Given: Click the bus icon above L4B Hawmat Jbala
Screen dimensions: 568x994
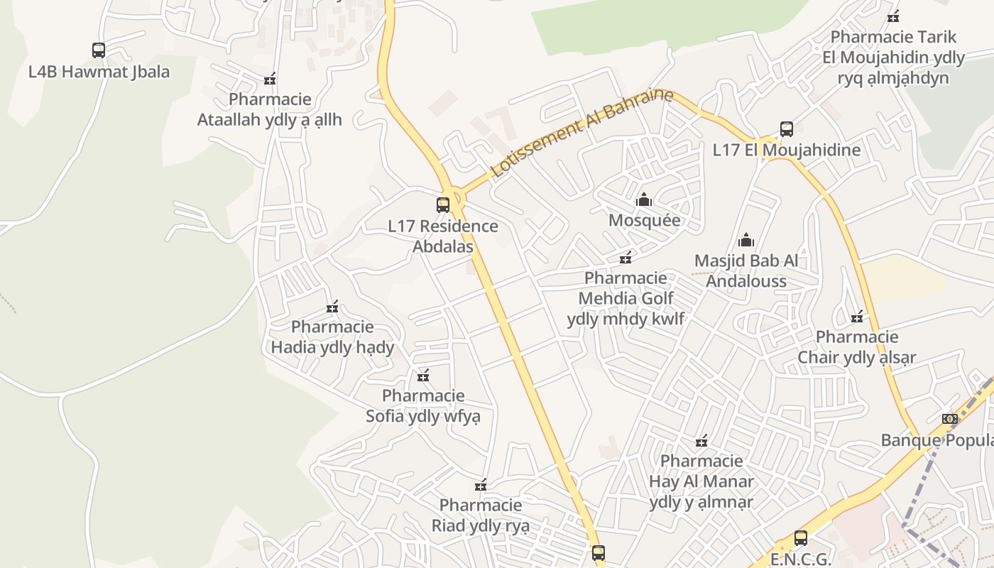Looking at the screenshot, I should point(99,50).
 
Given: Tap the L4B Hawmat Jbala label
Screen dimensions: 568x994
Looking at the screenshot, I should point(99,72).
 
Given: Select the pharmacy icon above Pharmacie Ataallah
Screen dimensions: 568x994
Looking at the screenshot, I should point(270,79).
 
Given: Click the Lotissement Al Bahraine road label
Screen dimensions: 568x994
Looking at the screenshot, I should point(581,133).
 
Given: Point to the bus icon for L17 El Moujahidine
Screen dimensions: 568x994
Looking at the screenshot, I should point(787,129).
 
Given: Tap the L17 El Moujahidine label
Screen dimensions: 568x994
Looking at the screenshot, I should point(787,150).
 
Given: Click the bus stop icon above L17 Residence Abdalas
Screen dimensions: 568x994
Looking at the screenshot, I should point(443,205).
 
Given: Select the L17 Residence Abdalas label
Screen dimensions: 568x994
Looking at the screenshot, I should point(443,236).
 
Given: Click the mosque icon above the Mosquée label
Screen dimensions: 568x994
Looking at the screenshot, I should point(644,200).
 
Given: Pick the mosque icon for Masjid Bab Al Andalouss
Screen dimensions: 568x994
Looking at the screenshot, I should point(745,240).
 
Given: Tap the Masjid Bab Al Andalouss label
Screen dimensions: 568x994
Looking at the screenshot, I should point(745,271).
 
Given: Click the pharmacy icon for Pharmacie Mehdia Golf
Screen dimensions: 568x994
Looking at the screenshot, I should point(626,257).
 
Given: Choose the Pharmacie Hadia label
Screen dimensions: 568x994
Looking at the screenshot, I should point(332,337).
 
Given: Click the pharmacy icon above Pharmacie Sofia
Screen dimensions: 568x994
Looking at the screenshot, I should point(423,376).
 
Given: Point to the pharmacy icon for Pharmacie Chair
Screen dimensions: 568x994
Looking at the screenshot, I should point(857,316).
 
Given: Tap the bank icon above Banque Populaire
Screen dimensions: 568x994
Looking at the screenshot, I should point(950,419).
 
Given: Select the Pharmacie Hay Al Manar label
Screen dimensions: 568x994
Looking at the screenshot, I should point(701,481).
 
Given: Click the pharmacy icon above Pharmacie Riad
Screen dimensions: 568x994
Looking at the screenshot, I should point(481,485).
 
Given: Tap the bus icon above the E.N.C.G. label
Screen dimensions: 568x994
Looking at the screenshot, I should point(801,538).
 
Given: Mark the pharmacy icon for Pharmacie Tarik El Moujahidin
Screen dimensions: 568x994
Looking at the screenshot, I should point(893,16).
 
